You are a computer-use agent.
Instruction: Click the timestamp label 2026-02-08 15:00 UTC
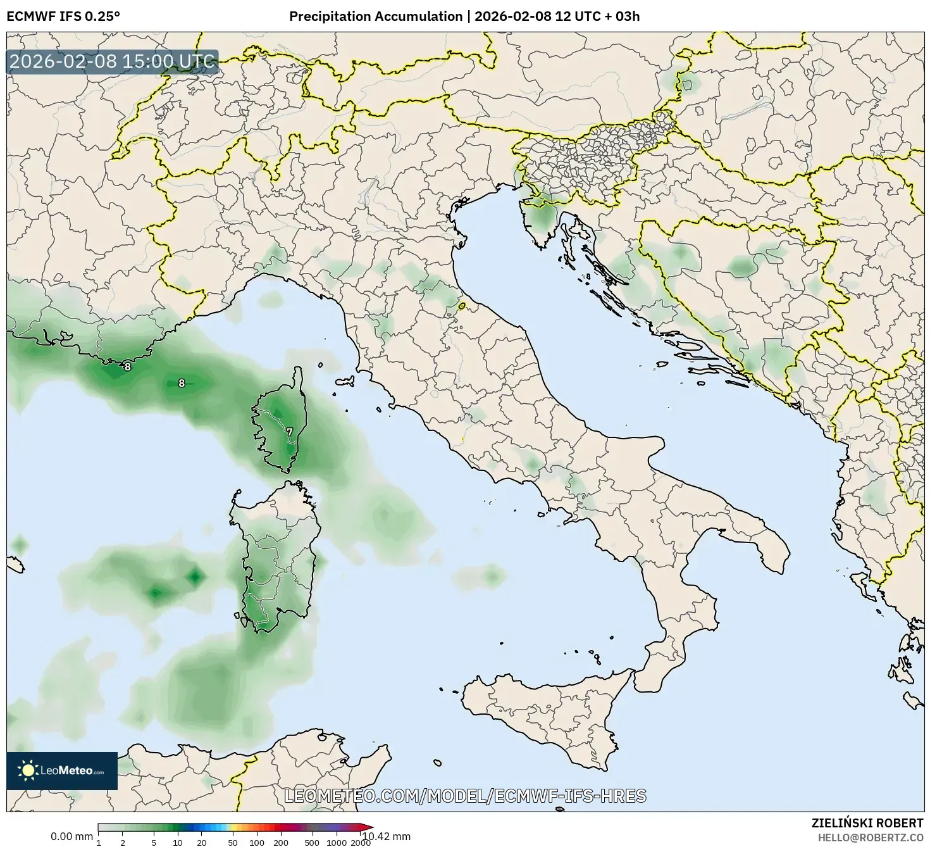point(113,61)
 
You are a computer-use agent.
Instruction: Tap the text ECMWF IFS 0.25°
point(63,16)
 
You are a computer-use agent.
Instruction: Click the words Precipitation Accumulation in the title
point(375,16)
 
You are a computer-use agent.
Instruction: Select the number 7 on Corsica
point(289,432)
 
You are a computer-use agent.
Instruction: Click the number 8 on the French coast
point(127,367)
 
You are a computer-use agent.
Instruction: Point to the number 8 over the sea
point(182,383)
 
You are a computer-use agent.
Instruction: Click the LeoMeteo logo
point(62,770)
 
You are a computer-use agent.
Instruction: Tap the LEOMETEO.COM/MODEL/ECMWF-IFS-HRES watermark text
point(465,796)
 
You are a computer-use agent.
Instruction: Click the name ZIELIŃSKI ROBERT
point(867,823)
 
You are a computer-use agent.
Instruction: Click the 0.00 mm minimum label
point(71,836)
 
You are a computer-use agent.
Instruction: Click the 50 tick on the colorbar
point(233,842)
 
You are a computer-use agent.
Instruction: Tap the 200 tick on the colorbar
point(281,842)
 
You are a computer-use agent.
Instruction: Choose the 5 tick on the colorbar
point(154,842)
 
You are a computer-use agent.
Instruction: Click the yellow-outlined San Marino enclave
point(462,306)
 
